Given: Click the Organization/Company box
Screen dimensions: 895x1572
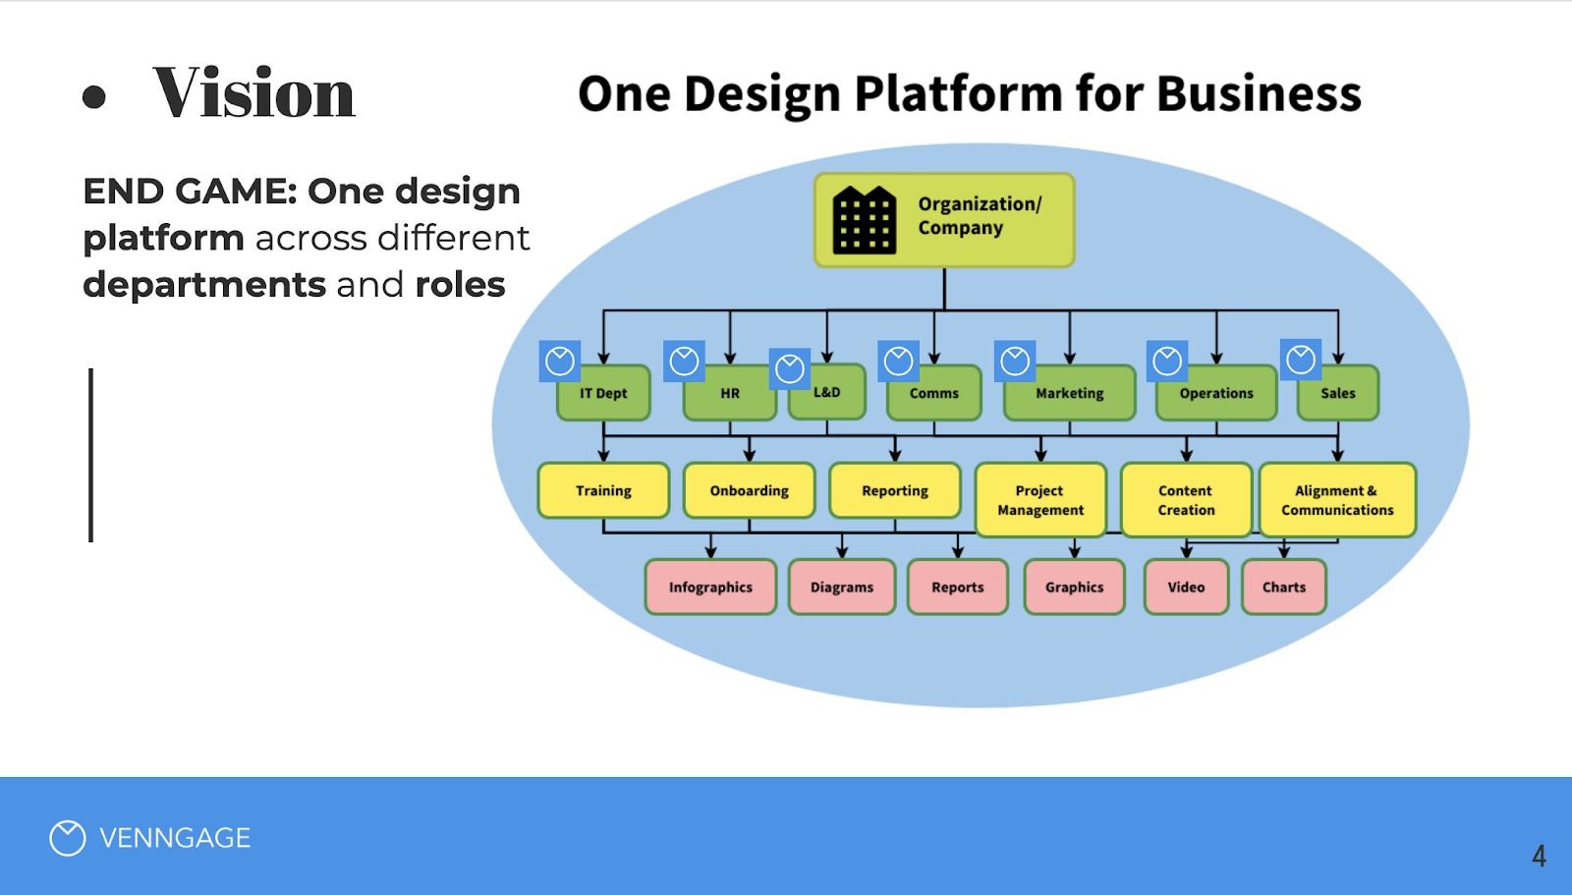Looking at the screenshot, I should click(944, 220).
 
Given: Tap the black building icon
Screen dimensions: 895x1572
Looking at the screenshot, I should click(864, 221).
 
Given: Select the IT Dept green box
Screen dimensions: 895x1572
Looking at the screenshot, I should click(603, 394).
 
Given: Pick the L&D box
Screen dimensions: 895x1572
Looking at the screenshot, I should click(828, 393).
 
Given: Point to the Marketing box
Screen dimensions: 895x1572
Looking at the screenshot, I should click(1069, 394).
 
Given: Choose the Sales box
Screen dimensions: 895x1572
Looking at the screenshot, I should click(1337, 394).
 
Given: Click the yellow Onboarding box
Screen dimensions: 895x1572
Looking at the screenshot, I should click(749, 490).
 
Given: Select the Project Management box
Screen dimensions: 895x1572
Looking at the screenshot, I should click(1040, 500).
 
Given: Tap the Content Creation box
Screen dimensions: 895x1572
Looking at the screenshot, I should click(1186, 500).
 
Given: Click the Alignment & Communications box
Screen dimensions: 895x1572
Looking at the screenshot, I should click(1337, 500).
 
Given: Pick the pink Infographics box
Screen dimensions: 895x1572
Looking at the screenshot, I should click(710, 587).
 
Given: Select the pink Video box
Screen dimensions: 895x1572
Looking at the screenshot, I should click(1186, 587).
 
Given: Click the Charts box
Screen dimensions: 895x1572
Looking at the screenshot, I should click(1283, 587).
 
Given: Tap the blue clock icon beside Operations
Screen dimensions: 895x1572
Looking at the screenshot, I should click(1167, 361).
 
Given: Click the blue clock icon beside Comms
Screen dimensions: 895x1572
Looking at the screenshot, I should click(898, 361).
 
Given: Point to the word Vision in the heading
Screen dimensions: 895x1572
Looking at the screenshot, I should click(253, 94).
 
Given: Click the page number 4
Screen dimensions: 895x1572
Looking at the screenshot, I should click(1539, 856).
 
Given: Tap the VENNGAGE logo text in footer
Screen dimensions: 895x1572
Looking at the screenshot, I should click(175, 838).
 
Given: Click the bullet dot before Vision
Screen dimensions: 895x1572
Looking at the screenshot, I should click(94, 96).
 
